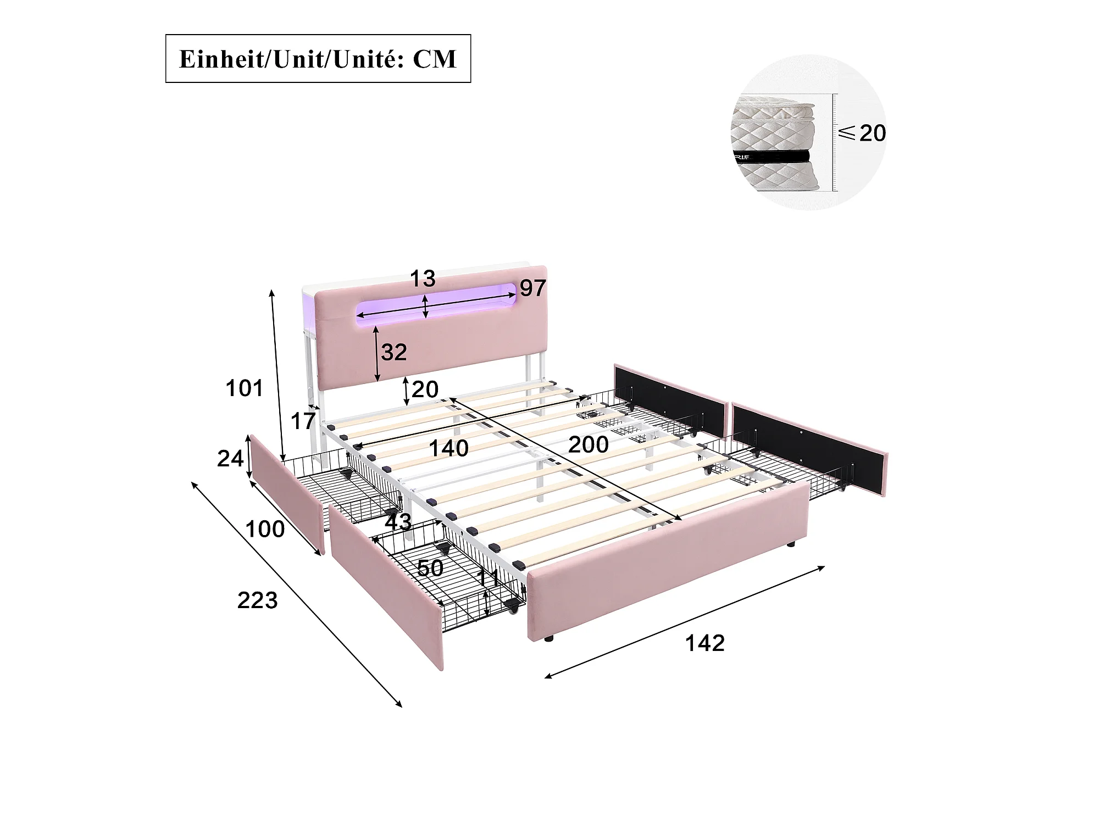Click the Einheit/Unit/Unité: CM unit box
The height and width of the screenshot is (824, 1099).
[x=318, y=59]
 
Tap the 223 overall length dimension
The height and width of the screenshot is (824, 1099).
[x=257, y=600]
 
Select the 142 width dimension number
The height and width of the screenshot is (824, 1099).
[x=705, y=643]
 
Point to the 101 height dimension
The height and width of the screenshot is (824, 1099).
[x=245, y=388]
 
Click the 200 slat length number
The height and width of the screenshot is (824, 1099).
[x=589, y=444]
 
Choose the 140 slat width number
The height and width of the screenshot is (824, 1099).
[x=449, y=449]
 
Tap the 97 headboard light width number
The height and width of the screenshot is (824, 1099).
[x=532, y=288]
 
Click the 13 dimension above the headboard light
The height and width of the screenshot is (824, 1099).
[x=423, y=279]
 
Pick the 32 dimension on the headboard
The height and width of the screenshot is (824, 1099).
[x=394, y=353]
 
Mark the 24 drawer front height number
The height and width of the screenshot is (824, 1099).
[x=230, y=459]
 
